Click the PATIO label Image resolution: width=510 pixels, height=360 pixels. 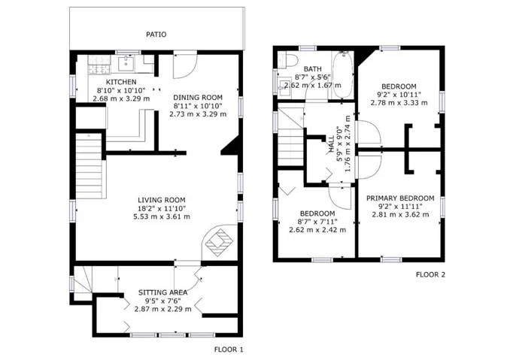tap(156, 35)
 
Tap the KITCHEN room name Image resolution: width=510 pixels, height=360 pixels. tap(121, 82)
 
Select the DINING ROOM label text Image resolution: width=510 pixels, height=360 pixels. tap(198, 98)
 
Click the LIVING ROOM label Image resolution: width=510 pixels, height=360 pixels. tap(162, 200)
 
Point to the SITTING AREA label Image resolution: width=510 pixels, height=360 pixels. tap(163, 292)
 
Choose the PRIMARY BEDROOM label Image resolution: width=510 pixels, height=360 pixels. tap(400, 198)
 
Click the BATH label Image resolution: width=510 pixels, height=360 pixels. tap(313, 69)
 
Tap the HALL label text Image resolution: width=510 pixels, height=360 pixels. tap(332, 144)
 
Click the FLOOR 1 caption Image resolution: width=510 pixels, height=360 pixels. tap(229, 349)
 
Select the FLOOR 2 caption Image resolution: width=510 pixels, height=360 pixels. tap(430, 275)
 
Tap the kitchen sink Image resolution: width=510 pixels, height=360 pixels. tap(126, 63)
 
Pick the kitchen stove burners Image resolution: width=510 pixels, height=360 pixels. tap(99, 64)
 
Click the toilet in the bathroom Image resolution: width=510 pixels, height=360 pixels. tap(289, 60)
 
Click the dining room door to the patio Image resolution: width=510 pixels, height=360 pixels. tap(185, 65)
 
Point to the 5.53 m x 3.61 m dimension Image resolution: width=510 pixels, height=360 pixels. tap(162, 216)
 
